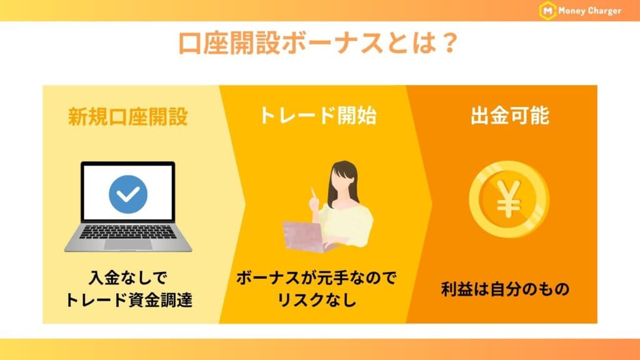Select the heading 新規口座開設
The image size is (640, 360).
pyautogui.click(x=128, y=117)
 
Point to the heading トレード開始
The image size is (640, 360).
pyautogui.click(x=318, y=116)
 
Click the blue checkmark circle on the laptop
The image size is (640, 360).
pyautogui.click(x=128, y=194)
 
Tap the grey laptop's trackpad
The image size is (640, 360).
pyautogui.click(x=128, y=244)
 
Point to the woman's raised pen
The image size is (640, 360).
pyautogui.click(x=312, y=195)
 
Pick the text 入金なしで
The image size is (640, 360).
pyautogui.click(x=128, y=277)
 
